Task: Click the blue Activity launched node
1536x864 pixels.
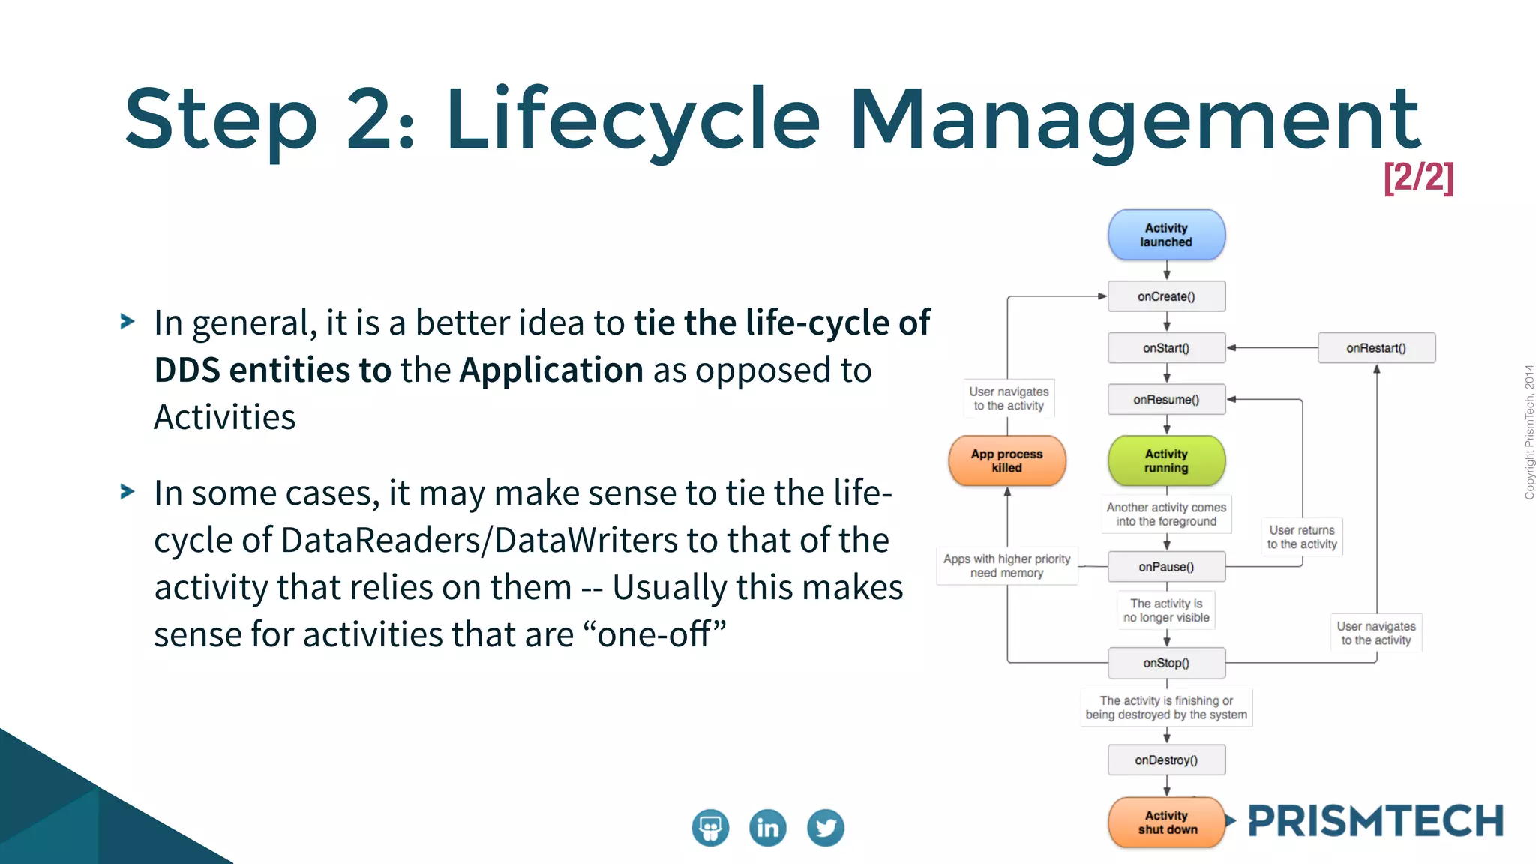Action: coord(1166,235)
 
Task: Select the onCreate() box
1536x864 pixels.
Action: coord(1166,296)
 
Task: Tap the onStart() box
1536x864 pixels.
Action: coord(1166,348)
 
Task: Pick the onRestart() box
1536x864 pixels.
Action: coord(1376,348)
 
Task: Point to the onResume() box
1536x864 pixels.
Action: coord(1166,400)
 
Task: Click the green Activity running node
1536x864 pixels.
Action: coord(1166,460)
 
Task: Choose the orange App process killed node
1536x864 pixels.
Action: coord(1006,460)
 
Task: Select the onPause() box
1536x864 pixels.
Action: coord(1166,567)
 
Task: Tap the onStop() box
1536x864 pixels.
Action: coord(1166,663)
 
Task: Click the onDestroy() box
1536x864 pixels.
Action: coord(1166,760)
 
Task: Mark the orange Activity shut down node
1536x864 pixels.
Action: coord(1166,822)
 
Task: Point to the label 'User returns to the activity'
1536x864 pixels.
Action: coord(1302,537)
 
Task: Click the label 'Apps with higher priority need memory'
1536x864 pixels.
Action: coord(1006,565)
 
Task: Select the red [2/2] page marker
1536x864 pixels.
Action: coord(1418,178)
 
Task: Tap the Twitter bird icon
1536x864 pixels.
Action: coord(826,828)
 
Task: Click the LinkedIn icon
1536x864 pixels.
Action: coord(768,828)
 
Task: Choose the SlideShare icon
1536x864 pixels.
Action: coord(710,828)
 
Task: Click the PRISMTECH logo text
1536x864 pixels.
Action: coord(1375,821)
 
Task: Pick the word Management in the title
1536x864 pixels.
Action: coord(1134,120)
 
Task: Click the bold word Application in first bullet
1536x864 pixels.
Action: coord(551,370)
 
